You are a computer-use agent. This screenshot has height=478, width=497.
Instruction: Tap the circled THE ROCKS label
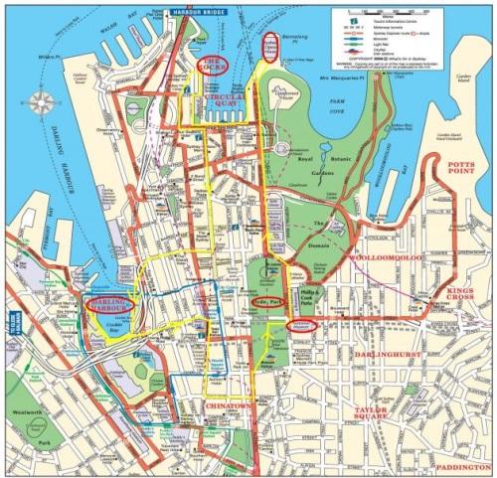point(211,65)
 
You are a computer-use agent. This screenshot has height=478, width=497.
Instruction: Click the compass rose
point(42,101)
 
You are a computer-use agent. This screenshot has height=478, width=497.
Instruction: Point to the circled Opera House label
point(269,46)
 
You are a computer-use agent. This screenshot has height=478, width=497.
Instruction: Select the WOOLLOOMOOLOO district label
point(386,257)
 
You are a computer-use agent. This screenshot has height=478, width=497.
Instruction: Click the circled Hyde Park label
point(269,299)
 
